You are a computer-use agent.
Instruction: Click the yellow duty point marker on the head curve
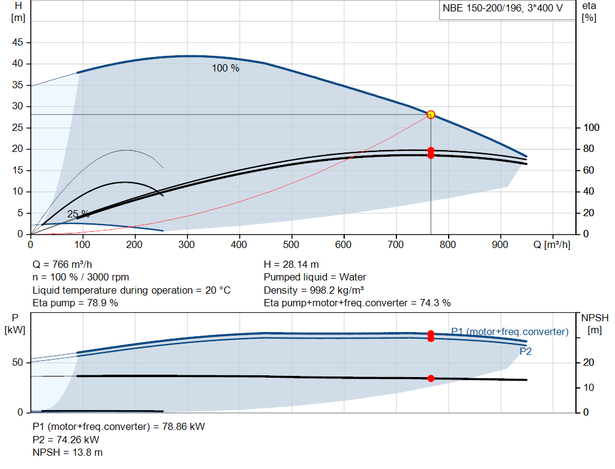pos(431,115)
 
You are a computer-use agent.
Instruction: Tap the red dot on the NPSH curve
pos(431,378)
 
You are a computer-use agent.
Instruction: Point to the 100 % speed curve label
pos(226,68)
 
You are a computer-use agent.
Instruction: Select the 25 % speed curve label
pos(79,214)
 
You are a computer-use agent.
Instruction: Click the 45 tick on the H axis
pos(17,43)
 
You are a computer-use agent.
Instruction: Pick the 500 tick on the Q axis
pos(291,244)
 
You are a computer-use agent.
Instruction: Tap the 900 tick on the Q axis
pos(500,244)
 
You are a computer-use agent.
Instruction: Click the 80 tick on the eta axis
pos(589,149)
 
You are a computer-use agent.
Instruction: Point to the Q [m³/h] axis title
pos(552,244)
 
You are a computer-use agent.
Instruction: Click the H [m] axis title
pos(18,12)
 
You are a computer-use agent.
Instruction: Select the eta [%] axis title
pos(589,12)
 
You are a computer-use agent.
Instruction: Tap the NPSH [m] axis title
pos(595,324)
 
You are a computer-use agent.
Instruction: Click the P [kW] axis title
pos(15,324)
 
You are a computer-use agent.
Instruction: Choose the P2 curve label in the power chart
pos(526,352)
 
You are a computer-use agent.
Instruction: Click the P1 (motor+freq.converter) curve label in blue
pos(510,331)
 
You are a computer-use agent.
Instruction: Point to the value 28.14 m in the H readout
pos(301,265)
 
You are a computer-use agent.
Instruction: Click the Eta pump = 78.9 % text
pos(75,303)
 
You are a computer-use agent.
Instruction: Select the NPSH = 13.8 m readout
pos(67,453)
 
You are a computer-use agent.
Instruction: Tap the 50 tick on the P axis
pos(17,362)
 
